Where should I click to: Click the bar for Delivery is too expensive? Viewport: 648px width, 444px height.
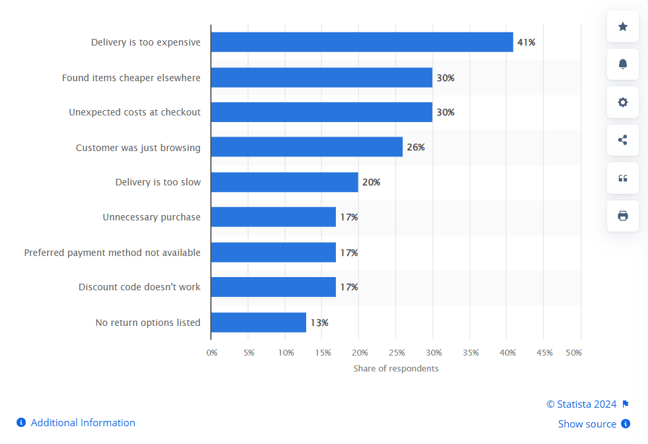362,42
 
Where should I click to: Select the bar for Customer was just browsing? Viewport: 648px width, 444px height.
307,147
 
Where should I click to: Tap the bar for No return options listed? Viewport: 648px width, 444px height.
259,323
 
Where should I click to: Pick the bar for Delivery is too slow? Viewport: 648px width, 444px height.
284,182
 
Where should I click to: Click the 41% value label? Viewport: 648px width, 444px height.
526,42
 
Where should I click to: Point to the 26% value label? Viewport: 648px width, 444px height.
416,147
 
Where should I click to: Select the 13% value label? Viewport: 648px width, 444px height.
319,323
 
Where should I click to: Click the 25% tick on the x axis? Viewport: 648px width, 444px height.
397,353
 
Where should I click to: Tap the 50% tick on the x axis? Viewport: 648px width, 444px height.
574,353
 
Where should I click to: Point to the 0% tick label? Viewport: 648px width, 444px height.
212,353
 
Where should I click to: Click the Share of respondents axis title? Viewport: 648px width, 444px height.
396,368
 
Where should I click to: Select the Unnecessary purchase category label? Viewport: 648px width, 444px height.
152,217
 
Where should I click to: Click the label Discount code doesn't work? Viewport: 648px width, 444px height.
140,287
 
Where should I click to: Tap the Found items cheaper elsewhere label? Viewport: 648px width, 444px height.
131,78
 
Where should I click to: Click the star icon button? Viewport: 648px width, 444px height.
623,26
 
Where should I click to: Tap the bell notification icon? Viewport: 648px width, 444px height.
623,65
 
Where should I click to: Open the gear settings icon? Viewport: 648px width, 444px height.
623,102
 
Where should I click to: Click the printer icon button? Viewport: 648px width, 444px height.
623,216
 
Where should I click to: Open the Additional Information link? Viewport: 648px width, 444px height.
82,423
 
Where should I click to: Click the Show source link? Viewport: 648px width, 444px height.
587,424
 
